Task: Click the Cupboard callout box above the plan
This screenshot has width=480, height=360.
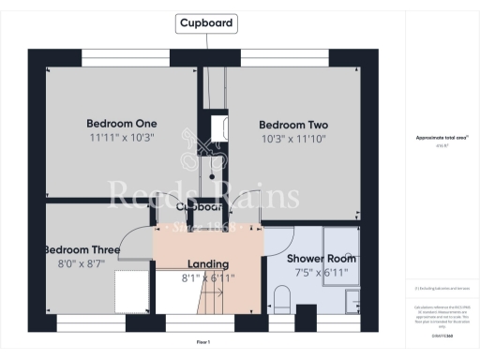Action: [x=206, y=23]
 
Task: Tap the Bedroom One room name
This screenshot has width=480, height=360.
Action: [x=121, y=124]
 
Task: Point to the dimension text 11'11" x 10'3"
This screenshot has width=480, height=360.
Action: [x=121, y=138]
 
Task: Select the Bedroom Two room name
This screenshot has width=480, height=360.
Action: [x=293, y=125]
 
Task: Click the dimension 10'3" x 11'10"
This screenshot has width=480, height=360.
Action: [x=293, y=139]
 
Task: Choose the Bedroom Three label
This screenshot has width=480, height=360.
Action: [x=82, y=249]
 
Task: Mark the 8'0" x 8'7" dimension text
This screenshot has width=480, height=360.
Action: [x=82, y=264]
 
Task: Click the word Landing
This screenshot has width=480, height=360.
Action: [x=208, y=264]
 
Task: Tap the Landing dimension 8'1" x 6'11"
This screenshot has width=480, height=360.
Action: [x=208, y=278]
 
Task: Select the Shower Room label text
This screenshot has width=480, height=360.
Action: [x=322, y=258]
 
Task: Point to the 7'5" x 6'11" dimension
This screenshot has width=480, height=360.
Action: [x=322, y=272]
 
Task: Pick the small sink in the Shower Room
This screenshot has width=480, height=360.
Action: [x=352, y=300]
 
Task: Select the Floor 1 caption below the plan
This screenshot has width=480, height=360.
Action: [x=203, y=342]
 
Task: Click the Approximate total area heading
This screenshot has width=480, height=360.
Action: [x=441, y=138]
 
